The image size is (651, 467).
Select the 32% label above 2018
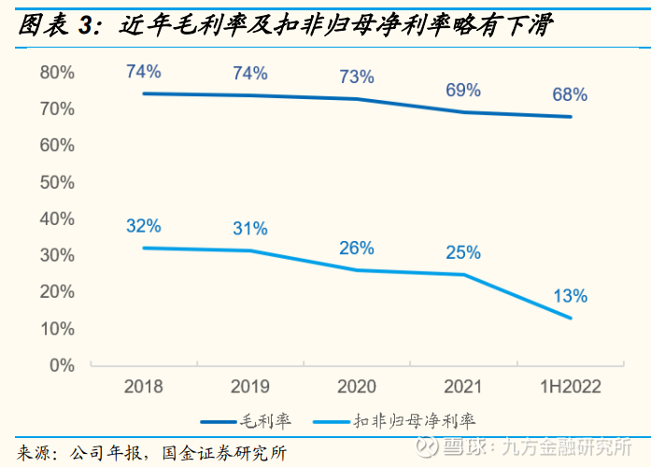point(143,225)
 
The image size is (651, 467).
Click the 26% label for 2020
point(356,248)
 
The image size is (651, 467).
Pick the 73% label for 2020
point(356,76)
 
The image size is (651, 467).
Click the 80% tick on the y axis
point(57,73)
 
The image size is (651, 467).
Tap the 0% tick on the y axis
point(62,365)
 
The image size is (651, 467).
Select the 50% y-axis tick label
point(57,182)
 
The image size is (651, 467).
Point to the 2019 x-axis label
point(249,387)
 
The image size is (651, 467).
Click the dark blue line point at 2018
point(143,93)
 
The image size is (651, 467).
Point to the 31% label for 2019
point(249,228)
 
